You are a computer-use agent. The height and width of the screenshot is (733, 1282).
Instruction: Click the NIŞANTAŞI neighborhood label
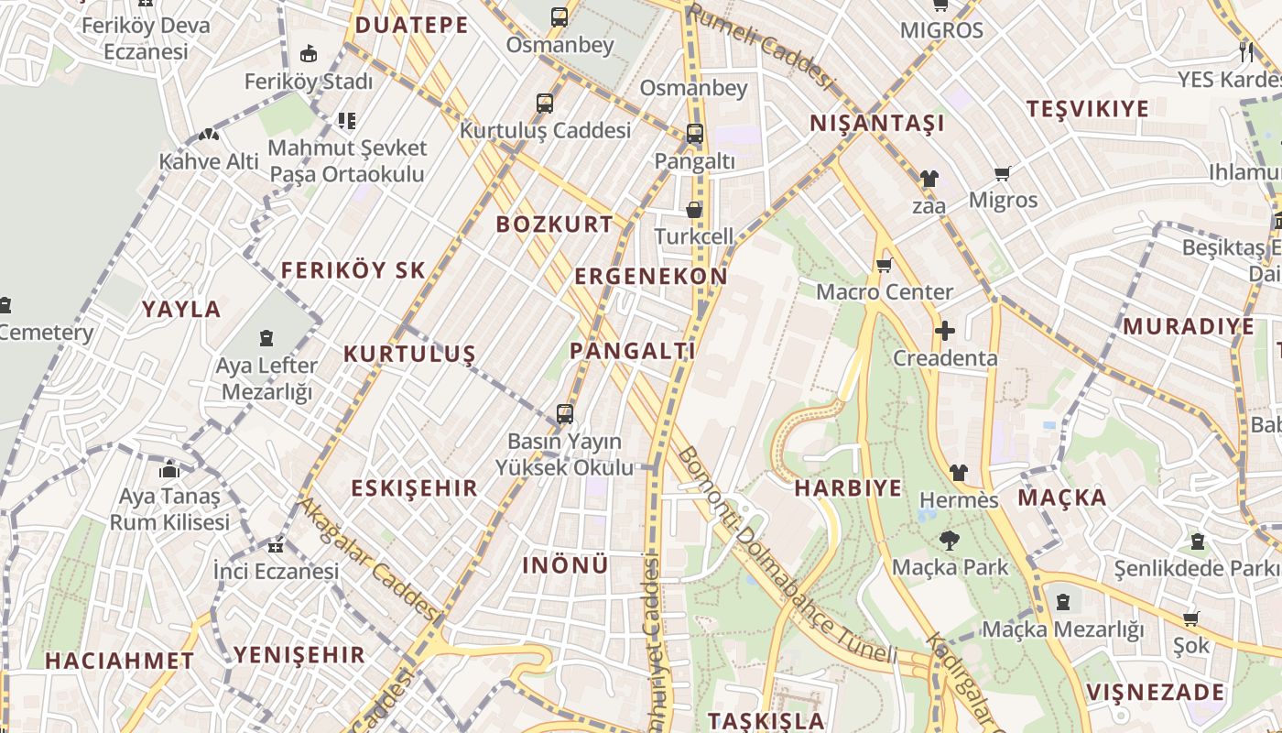coord(876,124)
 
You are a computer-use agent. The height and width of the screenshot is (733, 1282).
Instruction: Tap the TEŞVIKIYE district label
coord(1087,109)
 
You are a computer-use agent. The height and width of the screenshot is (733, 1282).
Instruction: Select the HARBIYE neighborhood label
coord(848,487)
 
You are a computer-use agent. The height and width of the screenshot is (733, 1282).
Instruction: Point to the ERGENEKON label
coord(651,276)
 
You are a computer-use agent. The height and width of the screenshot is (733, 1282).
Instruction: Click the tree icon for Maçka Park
coord(950,541)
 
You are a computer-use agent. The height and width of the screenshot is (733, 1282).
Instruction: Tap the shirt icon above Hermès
coord(958,473)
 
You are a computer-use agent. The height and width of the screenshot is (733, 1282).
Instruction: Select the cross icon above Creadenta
coord(945,331)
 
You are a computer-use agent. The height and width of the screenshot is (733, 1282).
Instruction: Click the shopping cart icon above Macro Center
coord(884,266)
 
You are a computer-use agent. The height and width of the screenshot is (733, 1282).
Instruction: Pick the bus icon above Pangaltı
coord(694,134)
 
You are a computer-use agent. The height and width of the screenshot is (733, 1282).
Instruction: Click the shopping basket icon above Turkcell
coord(694,210)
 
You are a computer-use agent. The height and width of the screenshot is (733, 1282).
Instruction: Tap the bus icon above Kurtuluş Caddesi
coord(545,104)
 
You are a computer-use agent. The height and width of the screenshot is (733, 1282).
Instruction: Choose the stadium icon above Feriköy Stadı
coord(309,54)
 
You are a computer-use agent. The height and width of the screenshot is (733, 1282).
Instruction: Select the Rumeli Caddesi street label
coord(762,48)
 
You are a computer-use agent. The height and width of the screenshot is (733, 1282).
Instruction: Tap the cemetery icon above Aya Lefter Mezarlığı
coord(266,339)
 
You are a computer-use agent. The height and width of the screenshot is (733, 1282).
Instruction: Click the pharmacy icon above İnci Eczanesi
coord(275,546)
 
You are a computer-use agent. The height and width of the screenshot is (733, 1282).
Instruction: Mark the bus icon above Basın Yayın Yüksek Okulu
coord(565,414)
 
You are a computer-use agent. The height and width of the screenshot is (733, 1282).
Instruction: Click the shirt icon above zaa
coord(929,179)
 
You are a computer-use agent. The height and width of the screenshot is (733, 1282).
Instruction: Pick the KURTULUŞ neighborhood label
coord(409,354)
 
